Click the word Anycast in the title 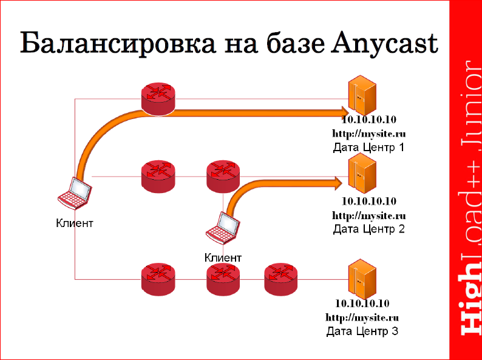pos(385,44)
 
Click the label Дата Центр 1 pos(368,147)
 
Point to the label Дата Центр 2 pos(368,229)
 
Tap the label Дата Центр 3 pos(362,331)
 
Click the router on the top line pos(158,97)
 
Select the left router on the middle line pos(158,175)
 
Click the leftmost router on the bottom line pos(158,277)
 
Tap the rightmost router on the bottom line pos(282,277)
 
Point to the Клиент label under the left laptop pos(75,223)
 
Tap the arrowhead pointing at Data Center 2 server pos(338,182)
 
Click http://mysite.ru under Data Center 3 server pos(362,317)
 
